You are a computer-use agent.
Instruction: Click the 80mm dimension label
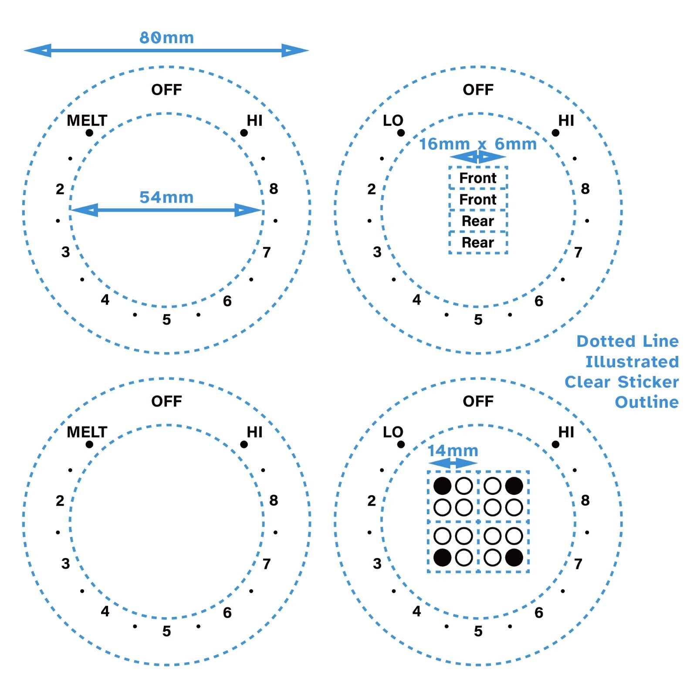pos(166,38)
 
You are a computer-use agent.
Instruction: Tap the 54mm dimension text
pos(166,197)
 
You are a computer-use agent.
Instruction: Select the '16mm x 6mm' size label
pos(478,144)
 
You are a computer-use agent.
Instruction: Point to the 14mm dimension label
pos(453,451)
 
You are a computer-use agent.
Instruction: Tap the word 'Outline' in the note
pos(646,402)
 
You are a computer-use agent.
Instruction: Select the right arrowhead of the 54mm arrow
pos(248,210)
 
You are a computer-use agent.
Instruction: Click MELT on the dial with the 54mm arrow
pos(87,121)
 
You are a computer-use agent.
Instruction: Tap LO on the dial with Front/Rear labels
pos(393,121)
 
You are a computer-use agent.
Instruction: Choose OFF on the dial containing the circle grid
pos(478,401)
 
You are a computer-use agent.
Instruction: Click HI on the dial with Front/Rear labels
pos(566,121)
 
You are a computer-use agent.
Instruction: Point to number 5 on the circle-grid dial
pos(478,631)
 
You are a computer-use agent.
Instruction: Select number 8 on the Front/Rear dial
pos(585,189)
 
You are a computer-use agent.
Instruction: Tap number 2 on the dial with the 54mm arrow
pos(60,189)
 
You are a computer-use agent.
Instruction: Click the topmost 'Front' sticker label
pos(478,178)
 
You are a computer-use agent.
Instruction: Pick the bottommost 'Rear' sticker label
pos(478,243)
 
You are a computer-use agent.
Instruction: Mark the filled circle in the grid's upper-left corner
pos(442,486)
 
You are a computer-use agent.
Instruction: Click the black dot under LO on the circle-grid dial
pos(401,444)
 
